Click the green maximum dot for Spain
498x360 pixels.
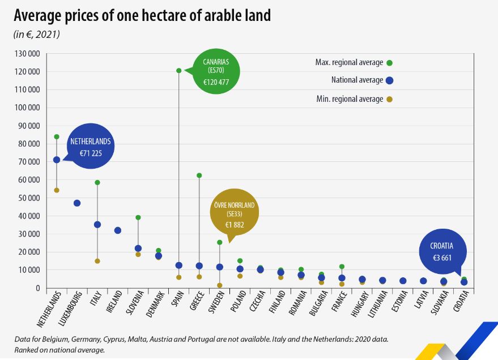tap(179, 71)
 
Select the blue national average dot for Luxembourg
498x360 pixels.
tap(77, 203)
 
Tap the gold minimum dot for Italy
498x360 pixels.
tap(97, 261)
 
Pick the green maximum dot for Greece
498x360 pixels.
tap(199, 175)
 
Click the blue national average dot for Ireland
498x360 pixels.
tap(118, 230)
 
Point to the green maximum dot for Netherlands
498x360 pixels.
tap(57, 137)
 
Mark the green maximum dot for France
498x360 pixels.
tap(342, 267)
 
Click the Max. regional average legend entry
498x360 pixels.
tap(349, 62)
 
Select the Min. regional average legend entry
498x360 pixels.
tap(350, 99)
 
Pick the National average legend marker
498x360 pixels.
tap(389, 80)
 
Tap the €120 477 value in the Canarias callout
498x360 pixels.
tap(215, 82)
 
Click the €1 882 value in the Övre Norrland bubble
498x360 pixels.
tap(234, 225)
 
